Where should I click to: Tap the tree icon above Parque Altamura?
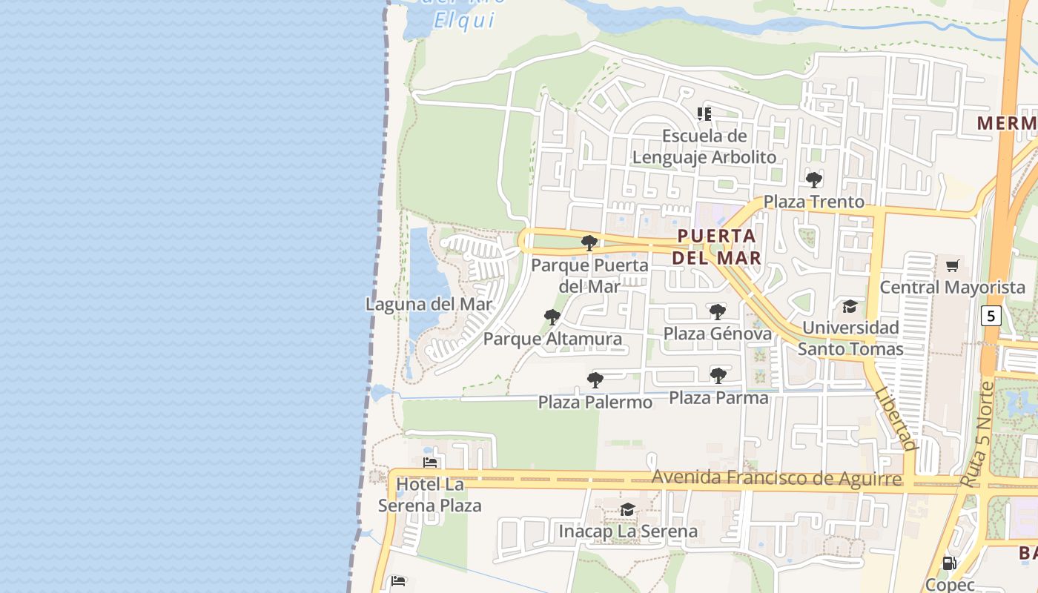point(552,317)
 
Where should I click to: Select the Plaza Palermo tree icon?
point(595,380)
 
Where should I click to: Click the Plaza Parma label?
point(718,398)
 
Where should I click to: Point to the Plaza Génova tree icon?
point(717,312)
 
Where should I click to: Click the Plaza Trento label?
point(813,202)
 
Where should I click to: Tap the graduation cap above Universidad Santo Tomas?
point(850,306)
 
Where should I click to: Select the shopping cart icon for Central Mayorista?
point(952,265)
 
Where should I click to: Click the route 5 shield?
point(991,316)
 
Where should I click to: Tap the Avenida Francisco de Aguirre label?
point(776,478)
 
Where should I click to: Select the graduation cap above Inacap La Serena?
point(627,509)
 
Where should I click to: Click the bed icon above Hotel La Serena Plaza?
point(429,463)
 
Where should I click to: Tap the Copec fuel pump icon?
point(949,563)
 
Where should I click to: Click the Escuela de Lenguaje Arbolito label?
point(704,147)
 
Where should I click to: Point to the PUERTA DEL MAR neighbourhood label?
point(717,247)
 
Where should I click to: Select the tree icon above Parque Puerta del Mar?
point(589,243)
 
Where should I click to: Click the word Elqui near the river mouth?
point(464,20)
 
